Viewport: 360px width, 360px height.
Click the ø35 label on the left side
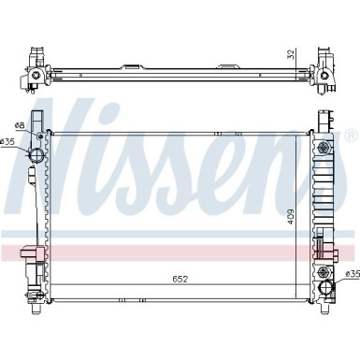[x=8, y=142]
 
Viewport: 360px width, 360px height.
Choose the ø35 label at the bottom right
[x=352, y=273]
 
